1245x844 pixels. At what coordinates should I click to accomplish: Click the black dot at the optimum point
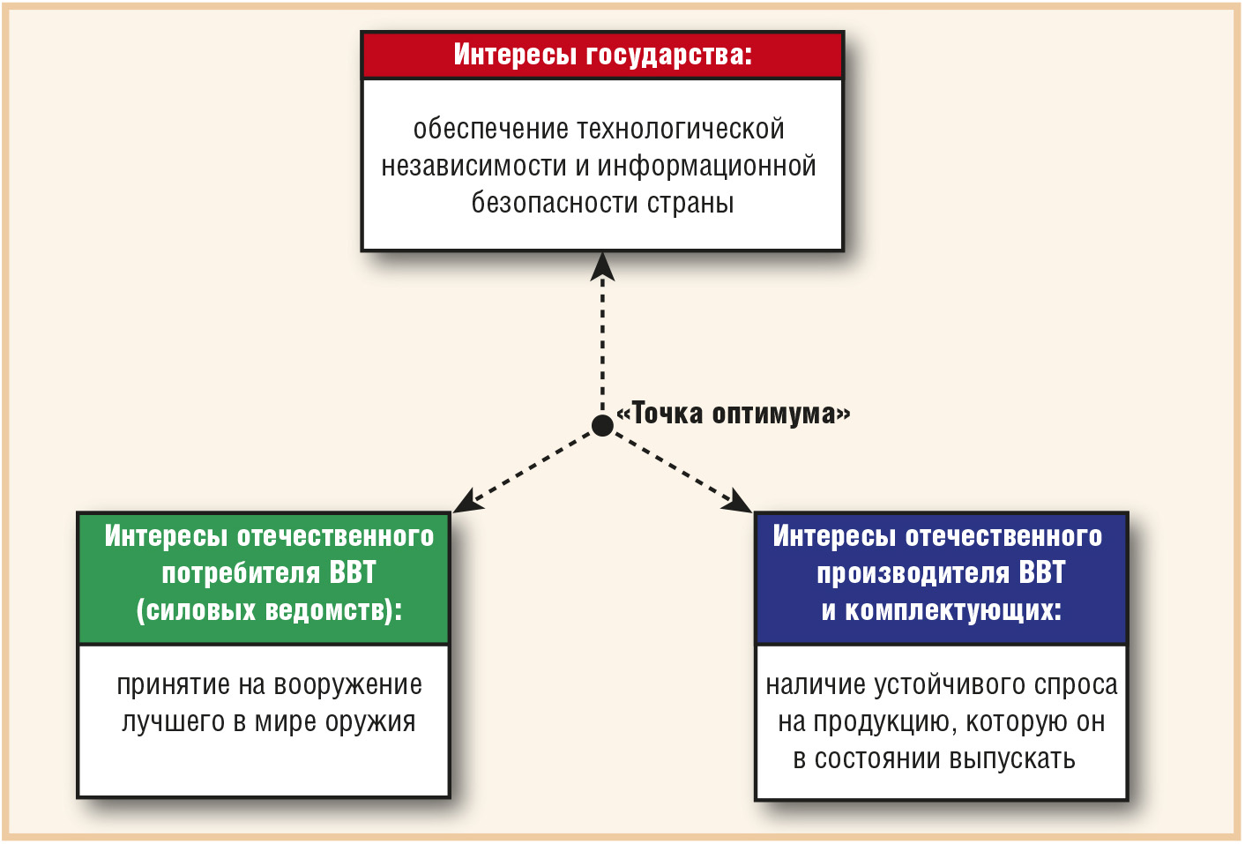(x=602, y=425)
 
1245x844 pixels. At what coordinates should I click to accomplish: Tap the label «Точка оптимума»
(x=733, y=413)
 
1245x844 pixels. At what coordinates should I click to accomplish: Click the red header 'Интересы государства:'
(x=602, y=55)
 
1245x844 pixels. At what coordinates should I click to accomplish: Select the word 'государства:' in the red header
(x=669, y=55)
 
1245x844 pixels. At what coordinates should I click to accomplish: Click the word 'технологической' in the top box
(x=681, y=129)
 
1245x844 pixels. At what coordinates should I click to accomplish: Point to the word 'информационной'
(x=706, y=166)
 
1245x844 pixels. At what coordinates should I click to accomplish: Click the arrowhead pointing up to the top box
(x=602, y=267)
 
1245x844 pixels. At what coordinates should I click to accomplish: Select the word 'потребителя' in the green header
(x=241, y=573)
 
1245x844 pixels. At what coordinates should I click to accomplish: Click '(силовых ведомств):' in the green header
(x=269, y=610)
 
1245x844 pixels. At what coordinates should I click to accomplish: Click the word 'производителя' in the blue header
(x=913, y=573)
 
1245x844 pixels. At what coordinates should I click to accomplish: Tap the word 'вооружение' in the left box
(x=347, y=685)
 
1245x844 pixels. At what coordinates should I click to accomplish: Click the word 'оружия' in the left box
(x=370, y=723)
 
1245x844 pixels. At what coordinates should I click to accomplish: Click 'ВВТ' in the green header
(x=353, y=572)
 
